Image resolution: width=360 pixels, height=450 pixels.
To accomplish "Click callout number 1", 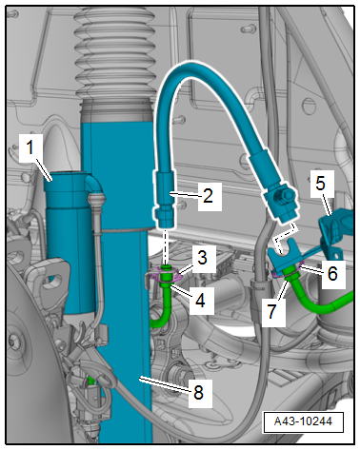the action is (x=30, y=148).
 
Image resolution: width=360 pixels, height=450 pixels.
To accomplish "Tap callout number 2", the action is (x=208, y=196).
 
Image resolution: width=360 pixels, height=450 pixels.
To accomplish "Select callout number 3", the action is (x=202, y=257).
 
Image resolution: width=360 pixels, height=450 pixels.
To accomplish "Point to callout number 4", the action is (x=200, y=300).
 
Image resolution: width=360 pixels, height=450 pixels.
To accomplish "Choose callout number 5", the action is (x=321, y=183).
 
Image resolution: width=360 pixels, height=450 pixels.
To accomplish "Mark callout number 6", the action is (x=332, y=273).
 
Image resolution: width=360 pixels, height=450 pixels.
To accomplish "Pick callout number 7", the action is (x=272, y=312).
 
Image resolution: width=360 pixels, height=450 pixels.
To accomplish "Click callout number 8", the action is (x=199, y=392).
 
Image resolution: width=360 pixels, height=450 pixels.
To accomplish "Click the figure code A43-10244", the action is (x=303, y=421).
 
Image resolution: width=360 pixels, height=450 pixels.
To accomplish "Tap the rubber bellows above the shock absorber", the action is (x=116, y=54).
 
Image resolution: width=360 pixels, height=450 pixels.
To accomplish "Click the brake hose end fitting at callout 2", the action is (x=165, y=199).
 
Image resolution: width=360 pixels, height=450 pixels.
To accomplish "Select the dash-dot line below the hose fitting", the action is (x=166, y=246).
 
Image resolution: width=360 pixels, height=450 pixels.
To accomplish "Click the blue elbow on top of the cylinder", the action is (x=93, y=185).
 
